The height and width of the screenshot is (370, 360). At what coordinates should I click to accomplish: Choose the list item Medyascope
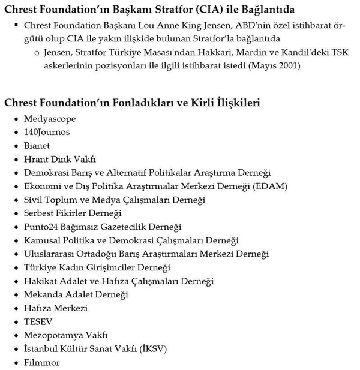(50, 119)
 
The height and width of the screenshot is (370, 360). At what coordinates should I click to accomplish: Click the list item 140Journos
(47, 132)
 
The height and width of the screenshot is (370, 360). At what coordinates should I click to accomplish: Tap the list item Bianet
(37, 146)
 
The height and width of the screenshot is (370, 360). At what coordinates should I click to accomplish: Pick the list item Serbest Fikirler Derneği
(73, 213)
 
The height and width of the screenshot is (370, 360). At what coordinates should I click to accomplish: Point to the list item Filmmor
(41, 362)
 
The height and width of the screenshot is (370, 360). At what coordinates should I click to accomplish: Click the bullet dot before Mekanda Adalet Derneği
(15, 295)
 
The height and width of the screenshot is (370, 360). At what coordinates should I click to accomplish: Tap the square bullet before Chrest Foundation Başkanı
(15, 26)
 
